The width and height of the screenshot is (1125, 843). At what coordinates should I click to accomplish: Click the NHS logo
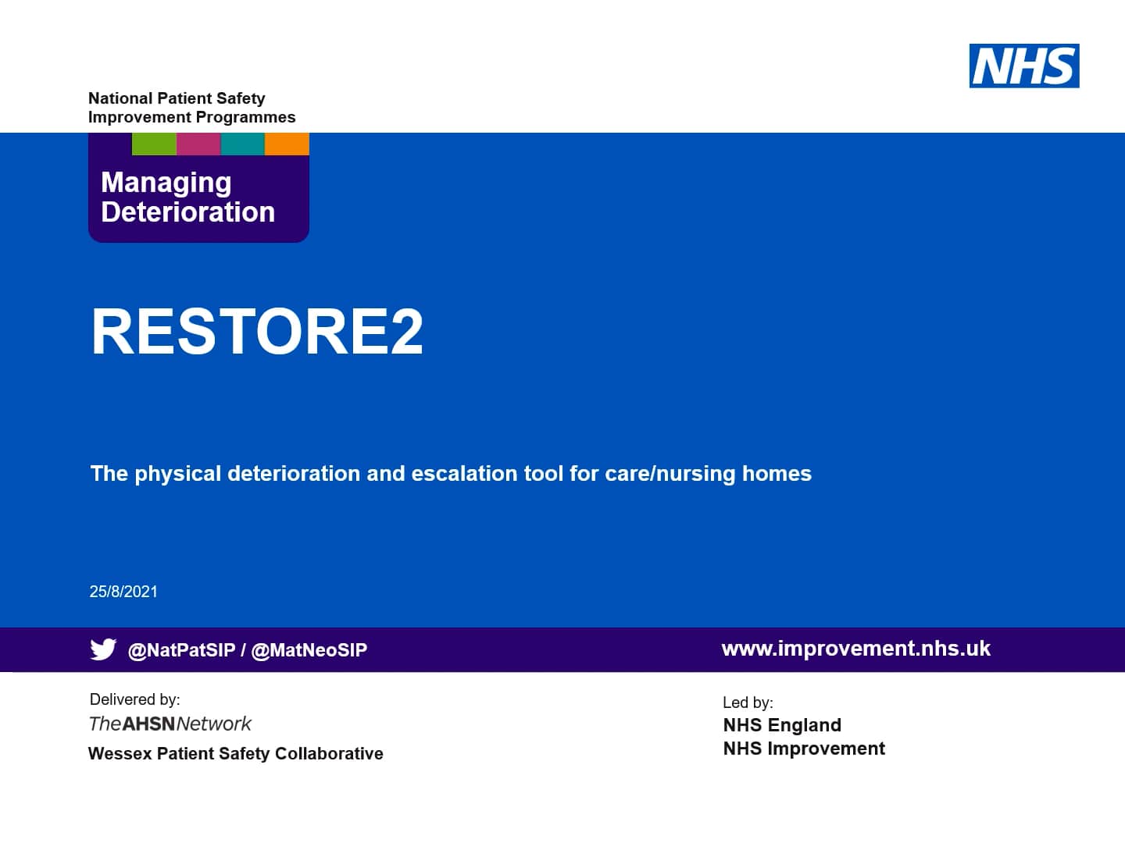click(1023, 66)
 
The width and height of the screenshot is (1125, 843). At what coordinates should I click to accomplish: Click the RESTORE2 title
click(257, 331)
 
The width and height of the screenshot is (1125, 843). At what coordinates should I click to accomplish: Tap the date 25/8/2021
click(123, 592)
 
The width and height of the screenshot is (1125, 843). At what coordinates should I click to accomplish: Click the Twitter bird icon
click(103, 649)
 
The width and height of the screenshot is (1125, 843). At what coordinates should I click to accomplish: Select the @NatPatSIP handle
click(181, 650)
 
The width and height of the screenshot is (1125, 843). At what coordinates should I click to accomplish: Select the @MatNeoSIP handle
click(309, 650)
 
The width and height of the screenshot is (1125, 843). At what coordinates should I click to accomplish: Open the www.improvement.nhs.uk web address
click(855, 649)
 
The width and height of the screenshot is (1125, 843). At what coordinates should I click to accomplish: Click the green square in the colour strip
click(154, 144)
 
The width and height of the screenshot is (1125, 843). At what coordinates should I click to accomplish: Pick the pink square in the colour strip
click(198, 144)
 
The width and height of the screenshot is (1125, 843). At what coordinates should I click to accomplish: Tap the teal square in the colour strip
click(243, 144)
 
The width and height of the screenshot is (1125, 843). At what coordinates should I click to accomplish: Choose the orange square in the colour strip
click(287, 144)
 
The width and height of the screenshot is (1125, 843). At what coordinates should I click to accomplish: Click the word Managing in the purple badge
click(166, 183)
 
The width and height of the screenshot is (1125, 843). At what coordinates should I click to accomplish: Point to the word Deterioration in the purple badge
click(188, 212)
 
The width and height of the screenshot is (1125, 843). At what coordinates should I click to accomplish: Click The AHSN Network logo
click(170, 724)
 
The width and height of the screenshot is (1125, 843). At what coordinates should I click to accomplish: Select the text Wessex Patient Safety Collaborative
click(236, 754)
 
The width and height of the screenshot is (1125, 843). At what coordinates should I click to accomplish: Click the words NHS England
click(782, 725)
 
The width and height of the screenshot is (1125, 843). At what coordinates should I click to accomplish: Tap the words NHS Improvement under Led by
click(804, 749)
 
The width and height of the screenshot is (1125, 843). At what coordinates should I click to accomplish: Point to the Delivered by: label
click(134, 699)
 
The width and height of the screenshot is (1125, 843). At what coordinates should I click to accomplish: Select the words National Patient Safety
click(177, 98)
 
